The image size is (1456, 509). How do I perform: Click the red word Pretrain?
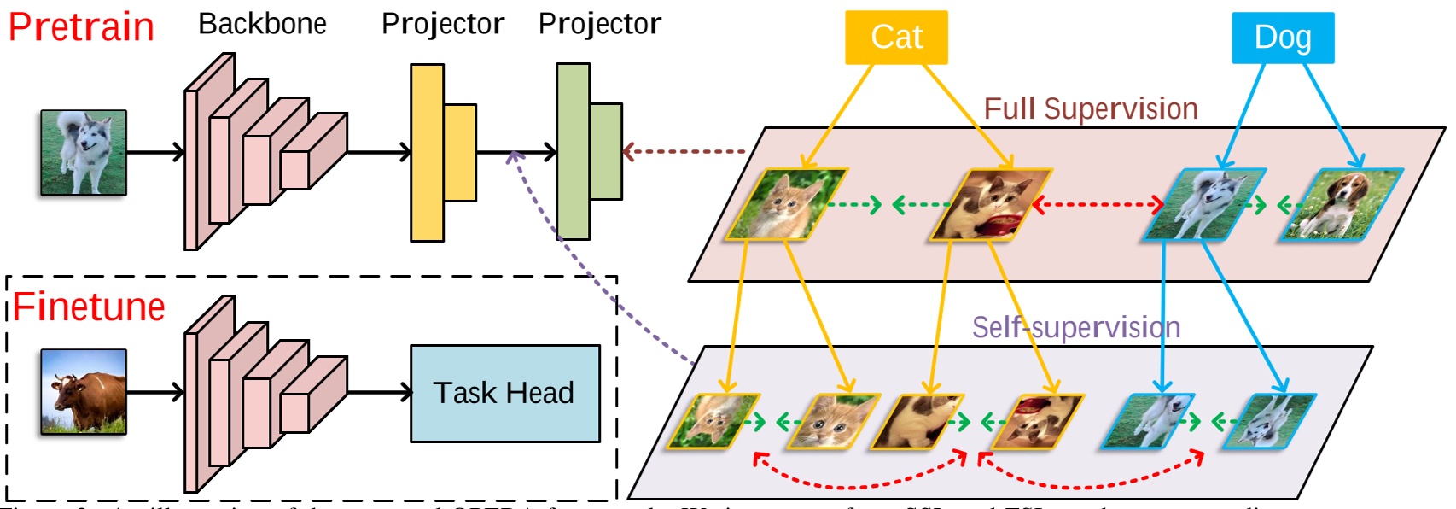pyautogui.click(x=81, y=27)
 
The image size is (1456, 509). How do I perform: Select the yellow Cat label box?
pyautogui.click(x=896, y=38)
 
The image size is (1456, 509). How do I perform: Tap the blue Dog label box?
pyautogui.click(x=1282, y=38)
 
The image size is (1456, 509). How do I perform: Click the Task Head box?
pyautogui.click(x=504, y=394)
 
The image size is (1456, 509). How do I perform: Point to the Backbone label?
pyautogui.click(x=262, y=24)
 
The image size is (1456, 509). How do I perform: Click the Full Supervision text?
pyautogui.click(x=1090, y=109)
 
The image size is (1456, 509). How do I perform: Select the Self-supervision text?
pyautogui.click(x=1075, y=327)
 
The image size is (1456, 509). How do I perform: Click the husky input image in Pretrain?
pyautogui.click(x=84, y=153)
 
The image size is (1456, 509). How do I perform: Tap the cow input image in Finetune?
pyautogui.click(x=84, y=392)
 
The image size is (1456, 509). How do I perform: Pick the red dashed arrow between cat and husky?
pyautogui.click(x=1098, y=205)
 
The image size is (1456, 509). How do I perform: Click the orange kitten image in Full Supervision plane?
pyautogui.click(x=785, y=205)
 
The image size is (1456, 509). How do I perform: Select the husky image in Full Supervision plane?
pyautogui.click(x=1203, y=205)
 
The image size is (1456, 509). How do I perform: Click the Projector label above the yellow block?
pyautogui.click(x=442, y=24)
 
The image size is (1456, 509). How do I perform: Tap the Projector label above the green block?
pyautogui.click(x=599, y=24)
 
